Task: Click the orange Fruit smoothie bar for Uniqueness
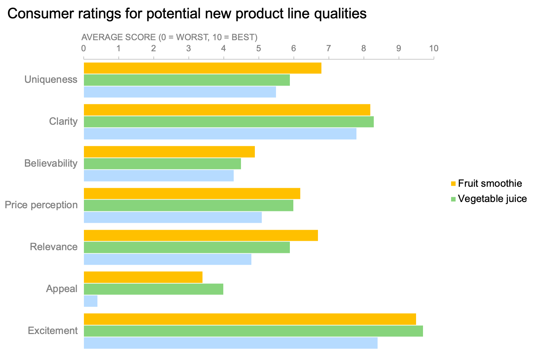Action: (202, 68)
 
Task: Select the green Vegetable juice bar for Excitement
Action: (253, 331)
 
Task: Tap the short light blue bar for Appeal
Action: (90, 301)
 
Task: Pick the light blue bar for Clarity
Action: (220, 134)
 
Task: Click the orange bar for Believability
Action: (169, 152)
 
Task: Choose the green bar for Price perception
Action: (188, 205)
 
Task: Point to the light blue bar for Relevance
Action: (167, 259)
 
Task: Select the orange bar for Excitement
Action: (250, 319)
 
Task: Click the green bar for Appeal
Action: (153, 289)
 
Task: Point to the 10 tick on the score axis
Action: (434, 48)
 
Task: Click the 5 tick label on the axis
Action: (259, 48)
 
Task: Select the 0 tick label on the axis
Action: (84, 48)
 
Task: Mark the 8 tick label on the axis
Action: (364, 48)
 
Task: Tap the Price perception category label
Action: (41, 205)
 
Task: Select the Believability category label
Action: (51, 163)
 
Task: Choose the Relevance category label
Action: (54, 247)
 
